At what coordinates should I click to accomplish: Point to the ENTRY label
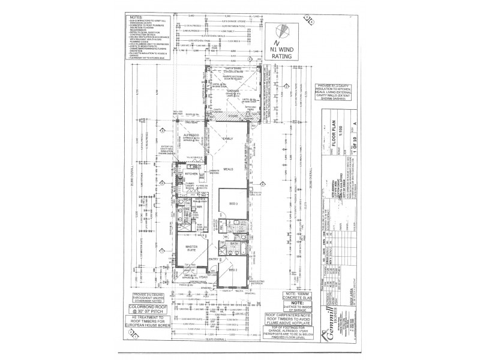[213, 258]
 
